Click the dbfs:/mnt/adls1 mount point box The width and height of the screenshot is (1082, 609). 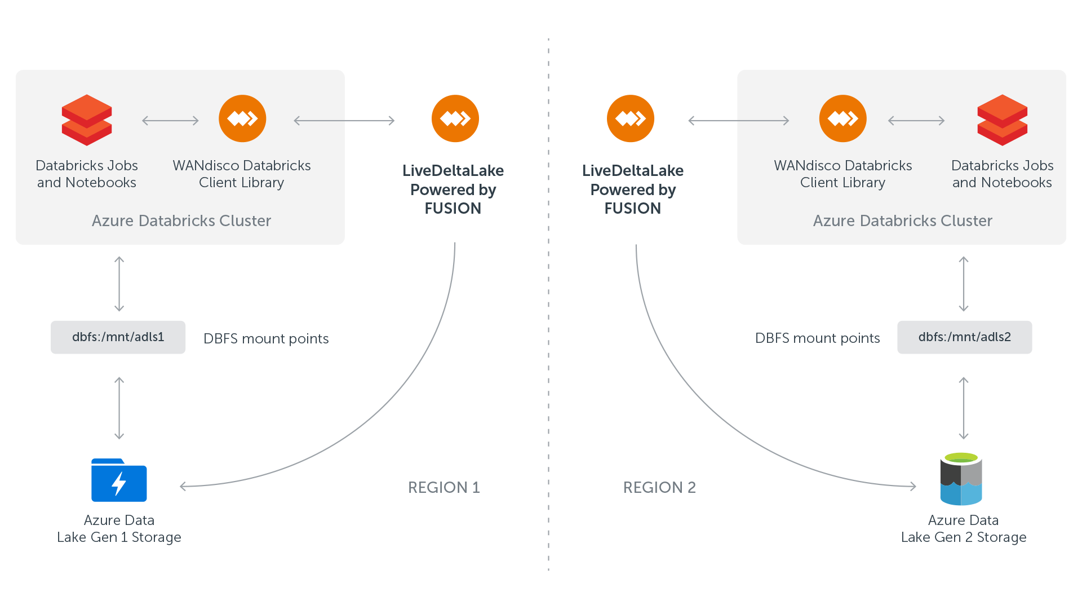pos(118,337)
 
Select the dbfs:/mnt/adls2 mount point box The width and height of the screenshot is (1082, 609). pos(964,337)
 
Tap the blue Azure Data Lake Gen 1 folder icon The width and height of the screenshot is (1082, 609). pos(119,480)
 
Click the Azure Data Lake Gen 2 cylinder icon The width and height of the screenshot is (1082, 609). pos(961,479)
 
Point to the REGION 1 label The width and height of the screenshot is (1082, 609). pos(444,487)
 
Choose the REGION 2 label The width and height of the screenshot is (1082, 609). pos(659,487)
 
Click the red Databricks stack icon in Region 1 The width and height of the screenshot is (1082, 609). pos(87,120)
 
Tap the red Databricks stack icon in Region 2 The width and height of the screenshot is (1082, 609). pos(1003,120)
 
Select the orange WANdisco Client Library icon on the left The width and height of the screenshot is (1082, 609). pos(242,118)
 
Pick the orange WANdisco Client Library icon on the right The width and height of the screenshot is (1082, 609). pos(843,118)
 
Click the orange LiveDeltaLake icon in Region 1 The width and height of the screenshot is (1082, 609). pos(455,118)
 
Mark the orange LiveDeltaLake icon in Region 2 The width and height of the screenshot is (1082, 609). pos(631,118)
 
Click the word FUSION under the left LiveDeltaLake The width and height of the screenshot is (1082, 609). pos(453,209)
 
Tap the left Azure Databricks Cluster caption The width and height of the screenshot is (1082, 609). pos(181,220)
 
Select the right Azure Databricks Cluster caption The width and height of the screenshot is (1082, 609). pos(903,220)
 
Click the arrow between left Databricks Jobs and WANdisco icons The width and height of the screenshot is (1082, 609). pos(170,121)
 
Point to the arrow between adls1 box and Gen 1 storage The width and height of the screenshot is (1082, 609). pos(119,408)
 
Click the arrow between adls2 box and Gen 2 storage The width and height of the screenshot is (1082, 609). pos(964,408)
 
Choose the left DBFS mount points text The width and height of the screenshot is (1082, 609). pos(266,338)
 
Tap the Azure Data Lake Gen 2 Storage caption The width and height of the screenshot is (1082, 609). pos(964,528)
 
